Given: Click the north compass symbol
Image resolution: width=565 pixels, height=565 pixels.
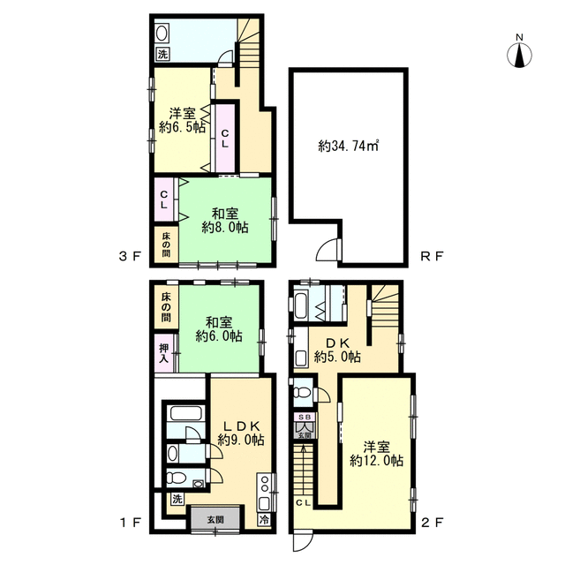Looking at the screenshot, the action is pos(519,53).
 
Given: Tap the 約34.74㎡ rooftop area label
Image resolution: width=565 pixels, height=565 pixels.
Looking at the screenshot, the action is pos(348,146).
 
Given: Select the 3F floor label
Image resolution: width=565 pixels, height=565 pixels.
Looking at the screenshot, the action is pos(130,257).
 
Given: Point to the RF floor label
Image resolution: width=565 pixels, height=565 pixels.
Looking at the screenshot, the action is pos(432,257).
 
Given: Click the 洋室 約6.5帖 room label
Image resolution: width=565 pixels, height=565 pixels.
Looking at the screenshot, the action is pos(183,121).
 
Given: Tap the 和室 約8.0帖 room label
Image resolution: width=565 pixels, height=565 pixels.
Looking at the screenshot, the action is pos(225,221).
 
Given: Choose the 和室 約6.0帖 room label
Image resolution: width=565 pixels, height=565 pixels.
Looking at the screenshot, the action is pos(219,329).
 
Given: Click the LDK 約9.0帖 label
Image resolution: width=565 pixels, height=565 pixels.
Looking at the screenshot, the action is pos(241,433).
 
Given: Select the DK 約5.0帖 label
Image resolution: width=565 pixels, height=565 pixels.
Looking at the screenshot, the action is pos(337,350).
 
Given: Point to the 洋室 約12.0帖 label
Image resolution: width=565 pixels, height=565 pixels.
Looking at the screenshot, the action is pos(376,454).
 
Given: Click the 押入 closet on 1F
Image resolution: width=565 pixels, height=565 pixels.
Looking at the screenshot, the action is pos(164,353).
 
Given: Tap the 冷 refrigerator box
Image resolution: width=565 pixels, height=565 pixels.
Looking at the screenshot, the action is pos(264,520).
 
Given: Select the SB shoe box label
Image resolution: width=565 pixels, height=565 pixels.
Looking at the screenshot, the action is pos(305,417).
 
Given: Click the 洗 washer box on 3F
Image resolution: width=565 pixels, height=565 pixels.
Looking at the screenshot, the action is pos(162,55).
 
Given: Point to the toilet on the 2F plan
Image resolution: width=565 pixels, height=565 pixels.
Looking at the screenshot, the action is pos(300,392).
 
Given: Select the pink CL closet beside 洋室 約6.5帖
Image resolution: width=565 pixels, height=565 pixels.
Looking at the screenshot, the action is pos(225,139).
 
